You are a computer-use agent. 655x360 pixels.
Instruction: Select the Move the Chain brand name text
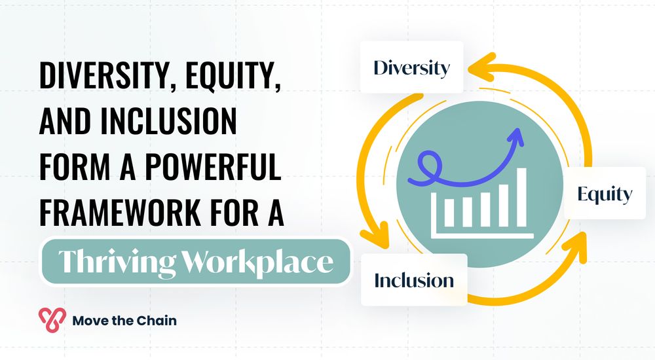pos(124,320)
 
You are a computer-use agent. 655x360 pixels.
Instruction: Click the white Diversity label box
pos(411,67)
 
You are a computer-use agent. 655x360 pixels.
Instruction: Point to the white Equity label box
pos(604,194)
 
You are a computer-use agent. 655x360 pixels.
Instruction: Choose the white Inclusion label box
pos(413,280)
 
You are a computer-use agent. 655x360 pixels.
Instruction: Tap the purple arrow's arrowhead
pos(515,135)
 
